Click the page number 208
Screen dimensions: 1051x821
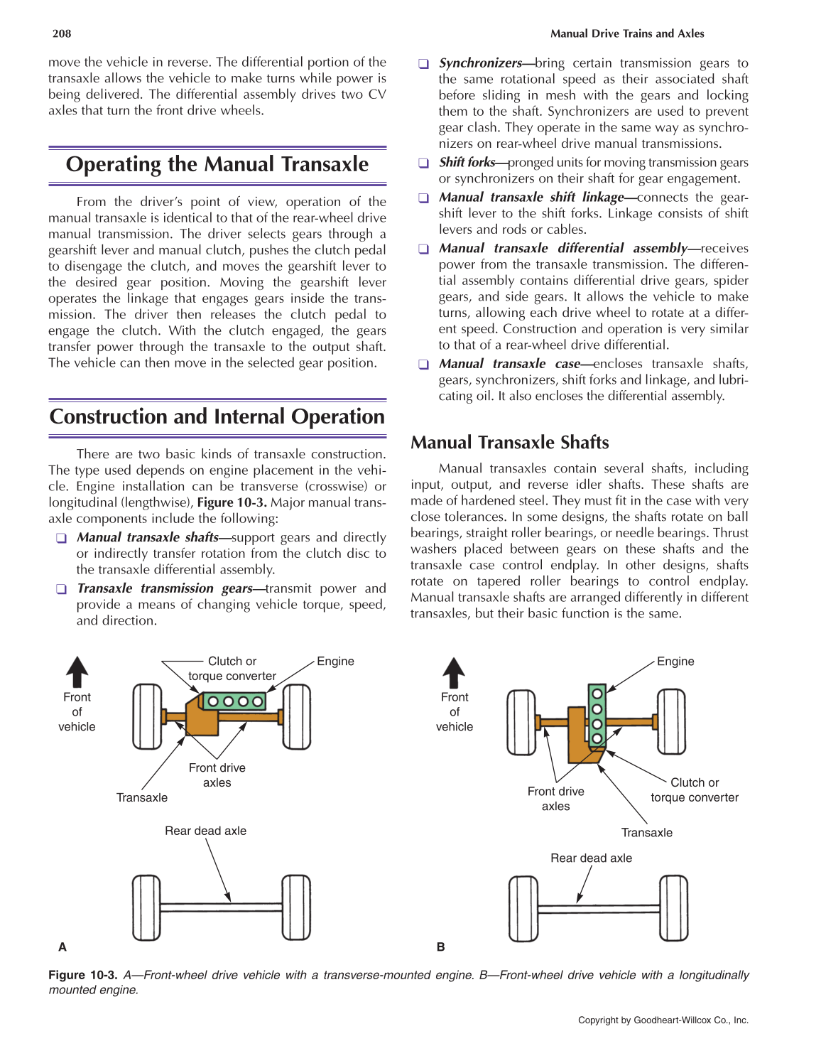click(x=62, y=33)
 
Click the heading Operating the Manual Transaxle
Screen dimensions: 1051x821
click(x=217, y=165)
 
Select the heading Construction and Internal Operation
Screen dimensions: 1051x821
click(x=217, y=416)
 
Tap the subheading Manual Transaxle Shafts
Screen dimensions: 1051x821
click(x=509, y=443)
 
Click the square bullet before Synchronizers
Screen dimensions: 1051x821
click(x=423, y=64)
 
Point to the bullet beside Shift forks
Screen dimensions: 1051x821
click(x=423, y=163)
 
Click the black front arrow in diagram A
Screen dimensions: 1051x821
click(x=77, y=672)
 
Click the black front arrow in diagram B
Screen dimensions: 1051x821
click(x=454, y=672)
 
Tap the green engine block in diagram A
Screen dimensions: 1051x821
click(x=234, y=701)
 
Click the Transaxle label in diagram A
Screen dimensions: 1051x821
click(x=142, y=797)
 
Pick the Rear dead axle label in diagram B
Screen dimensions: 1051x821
click(x=591, y=858)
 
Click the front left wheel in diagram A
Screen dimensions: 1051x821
click(x=147, y=716)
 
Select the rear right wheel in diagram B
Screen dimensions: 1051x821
click(x=673, y=908)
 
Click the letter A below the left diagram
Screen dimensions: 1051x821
click(x=62, y=947)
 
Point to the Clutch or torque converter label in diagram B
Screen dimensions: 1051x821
click(x=694, y=789)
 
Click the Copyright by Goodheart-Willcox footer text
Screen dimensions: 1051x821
click(x=663, y=1020)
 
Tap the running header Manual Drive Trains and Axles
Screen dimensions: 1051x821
click(x=627, y=33)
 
